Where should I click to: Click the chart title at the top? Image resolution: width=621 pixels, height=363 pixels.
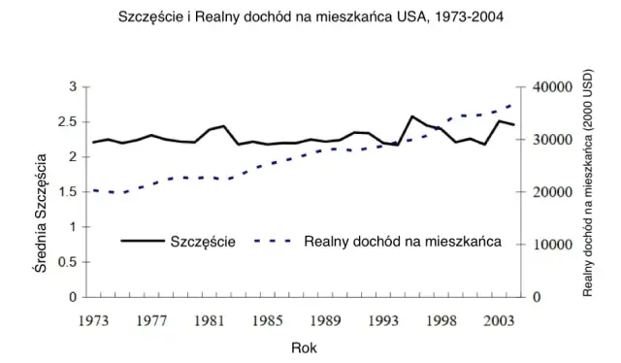(310, 17)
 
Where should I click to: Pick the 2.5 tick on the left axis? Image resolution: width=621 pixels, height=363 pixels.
(68, 122)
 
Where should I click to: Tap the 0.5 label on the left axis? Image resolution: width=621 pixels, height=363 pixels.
(68, 262)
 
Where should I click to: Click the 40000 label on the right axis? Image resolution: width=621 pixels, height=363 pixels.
(553, 87)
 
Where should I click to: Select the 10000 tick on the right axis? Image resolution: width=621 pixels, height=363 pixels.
(553, 245)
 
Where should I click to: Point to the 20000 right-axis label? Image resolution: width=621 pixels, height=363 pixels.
(553, 192)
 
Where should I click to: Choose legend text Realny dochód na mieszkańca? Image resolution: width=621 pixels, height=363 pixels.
(403, 242)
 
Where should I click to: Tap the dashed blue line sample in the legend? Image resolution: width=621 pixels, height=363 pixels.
(275, 242)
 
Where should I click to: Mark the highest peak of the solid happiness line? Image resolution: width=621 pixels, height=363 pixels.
(411, 116)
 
